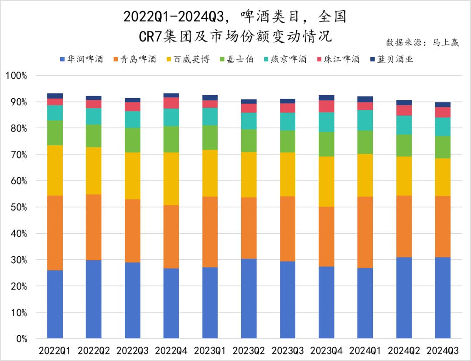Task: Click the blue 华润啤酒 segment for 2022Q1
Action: click(55, 304)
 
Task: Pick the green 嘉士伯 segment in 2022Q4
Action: click(171, 139)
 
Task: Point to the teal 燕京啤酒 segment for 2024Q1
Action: click(365, 120)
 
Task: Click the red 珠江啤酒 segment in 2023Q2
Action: click(249, 108)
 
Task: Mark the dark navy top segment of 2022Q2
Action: click(94, 98)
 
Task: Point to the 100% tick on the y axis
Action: click(16, 76)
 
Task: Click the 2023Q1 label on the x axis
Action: click(210, 351)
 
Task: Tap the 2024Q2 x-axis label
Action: click(404, 351)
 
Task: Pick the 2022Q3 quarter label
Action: click(133, 351)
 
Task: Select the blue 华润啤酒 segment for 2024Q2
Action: click(404, 298)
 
